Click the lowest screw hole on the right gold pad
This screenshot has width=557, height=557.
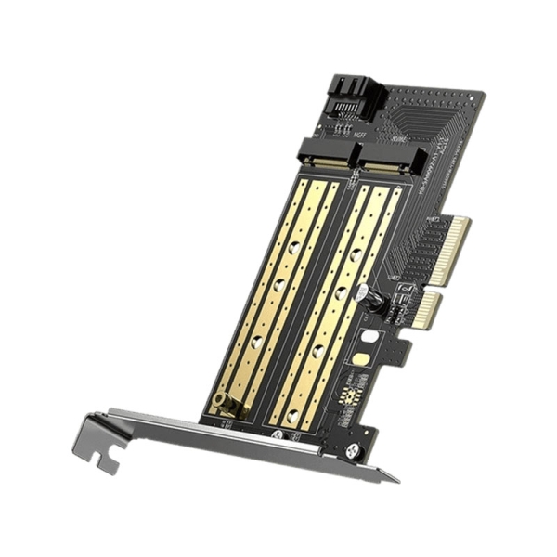tap(292, 418)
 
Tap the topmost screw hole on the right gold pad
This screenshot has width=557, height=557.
tap(356, 253)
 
